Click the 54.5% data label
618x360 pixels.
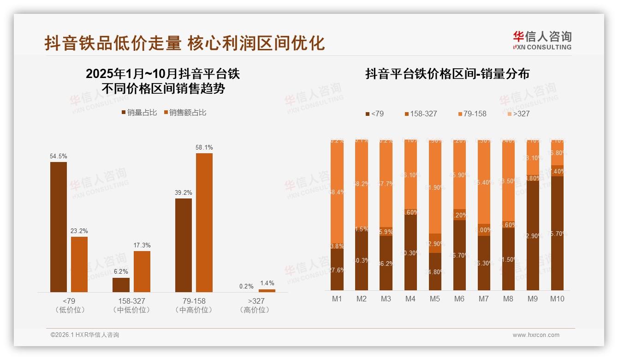tap(58, 157)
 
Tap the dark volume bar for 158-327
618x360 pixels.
tap(121, 285)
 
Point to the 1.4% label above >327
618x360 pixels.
tap(267, 283)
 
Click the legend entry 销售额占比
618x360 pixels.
tap(185, 113)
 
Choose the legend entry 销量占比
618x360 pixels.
tap(139, 113)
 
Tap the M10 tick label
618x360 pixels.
tap(557, 299)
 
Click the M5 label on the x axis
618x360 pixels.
tap(435, 299)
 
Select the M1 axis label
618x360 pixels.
tap(337, 299)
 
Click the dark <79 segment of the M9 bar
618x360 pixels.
tap(533, 235)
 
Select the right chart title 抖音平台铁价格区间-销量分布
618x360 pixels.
tap(447, 74)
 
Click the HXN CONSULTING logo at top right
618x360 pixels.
tap(542, 40)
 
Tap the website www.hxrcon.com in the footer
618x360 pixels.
tap(536, 335)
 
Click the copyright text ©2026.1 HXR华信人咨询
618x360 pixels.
tap(85, 335)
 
